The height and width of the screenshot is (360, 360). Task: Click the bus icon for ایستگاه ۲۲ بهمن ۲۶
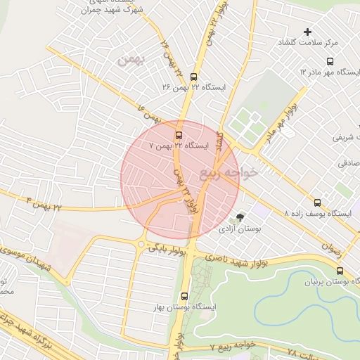coord(194,78)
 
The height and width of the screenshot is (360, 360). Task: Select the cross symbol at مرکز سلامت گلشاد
coord(307,32)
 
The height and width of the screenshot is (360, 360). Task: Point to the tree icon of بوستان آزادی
coord(241,218)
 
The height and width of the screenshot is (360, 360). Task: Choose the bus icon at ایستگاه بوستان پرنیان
coord(340,271)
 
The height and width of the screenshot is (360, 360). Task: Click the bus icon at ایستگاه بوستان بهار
coord(185,297)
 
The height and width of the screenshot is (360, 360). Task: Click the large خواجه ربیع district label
coord(230,172)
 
